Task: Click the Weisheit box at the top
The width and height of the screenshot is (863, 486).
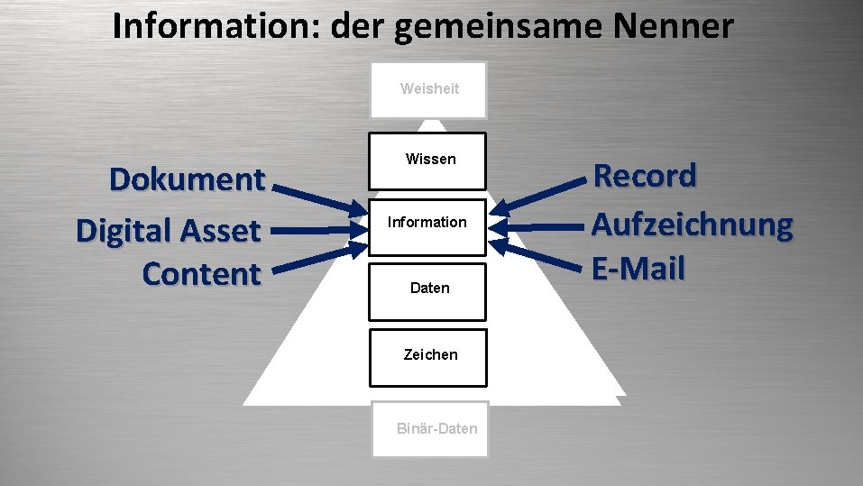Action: pyautogui.click(x=429, y=89)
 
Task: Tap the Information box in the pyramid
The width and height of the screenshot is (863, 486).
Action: pyautogui.click(x=427, y=223)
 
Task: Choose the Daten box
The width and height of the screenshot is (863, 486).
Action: pyautogui.click(x=427, y=289)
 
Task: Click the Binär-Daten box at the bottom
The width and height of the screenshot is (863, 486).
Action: pyautogui.click(x=429, y=428)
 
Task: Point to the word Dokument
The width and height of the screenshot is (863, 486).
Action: pyautogui.click(x=187, y=179)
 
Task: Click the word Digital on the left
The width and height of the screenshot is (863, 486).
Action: pyautogui.click(x=121, y=231)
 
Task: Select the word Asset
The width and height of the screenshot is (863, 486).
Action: pyautogui.click(x=219, y=231)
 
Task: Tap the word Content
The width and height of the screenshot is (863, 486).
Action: pyautogui.click(x=201, y=274)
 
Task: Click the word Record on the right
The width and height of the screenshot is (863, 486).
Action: pyautogui.click(x=644, y=176)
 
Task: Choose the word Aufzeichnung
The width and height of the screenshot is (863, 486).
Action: pyautogui.click(x=692, y=225)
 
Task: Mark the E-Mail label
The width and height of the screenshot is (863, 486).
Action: pyautogui.click(x=638, y=268)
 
